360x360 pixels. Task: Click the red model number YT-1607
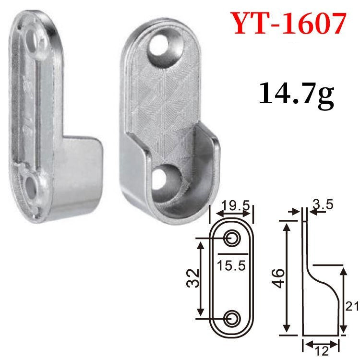pyautogui.click(x=289, y=23)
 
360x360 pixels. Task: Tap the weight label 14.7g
pyautogui.click(x=296, y=94)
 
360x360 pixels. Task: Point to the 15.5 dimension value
pyautogui.click(x=231, y=265)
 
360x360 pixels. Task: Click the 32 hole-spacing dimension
pyautogui.click(x=192, y=278)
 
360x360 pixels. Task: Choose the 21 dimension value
pyautogui.click(x=352, y=306)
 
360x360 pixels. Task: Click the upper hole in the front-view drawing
pyautogui.click(x=232, y=239)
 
